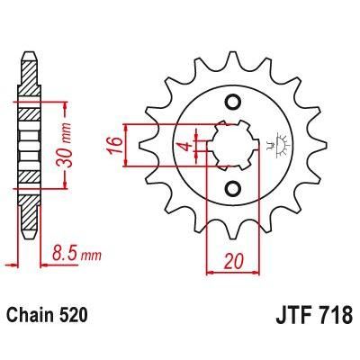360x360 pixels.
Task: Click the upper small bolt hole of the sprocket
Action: [x=233, y=103]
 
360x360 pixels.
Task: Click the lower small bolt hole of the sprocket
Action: [x=233, y=189]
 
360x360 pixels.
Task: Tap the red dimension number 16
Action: [x=115, y=145]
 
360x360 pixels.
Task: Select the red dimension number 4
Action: [x=187, y=146]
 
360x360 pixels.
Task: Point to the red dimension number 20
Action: [x=233, y=262]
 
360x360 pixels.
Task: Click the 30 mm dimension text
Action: [x=65, y=145]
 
